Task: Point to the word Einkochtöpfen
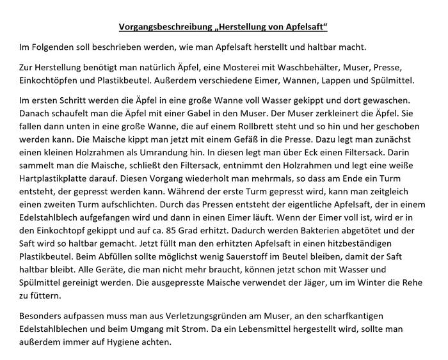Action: pyautogui.click(x=49, y=80)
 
